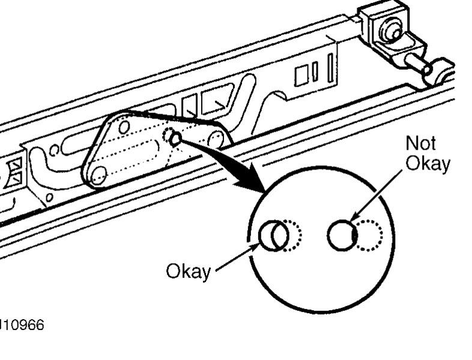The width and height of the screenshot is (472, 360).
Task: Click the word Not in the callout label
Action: click(421, 143)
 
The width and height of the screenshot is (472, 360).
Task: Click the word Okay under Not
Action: click(428, 163)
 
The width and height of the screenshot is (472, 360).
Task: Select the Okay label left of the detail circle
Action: click(188, 272)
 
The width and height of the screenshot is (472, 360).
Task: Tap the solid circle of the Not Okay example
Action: click(341, 235)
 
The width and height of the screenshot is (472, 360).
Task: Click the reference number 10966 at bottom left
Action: click(22, 325)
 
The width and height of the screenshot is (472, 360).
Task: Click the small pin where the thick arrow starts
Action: click(175, 139)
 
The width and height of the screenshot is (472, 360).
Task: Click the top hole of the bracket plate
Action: click(124, 127)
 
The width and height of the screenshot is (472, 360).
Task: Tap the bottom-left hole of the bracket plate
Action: click(97, 175)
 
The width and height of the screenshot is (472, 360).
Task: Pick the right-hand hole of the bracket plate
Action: click(215, 140)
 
